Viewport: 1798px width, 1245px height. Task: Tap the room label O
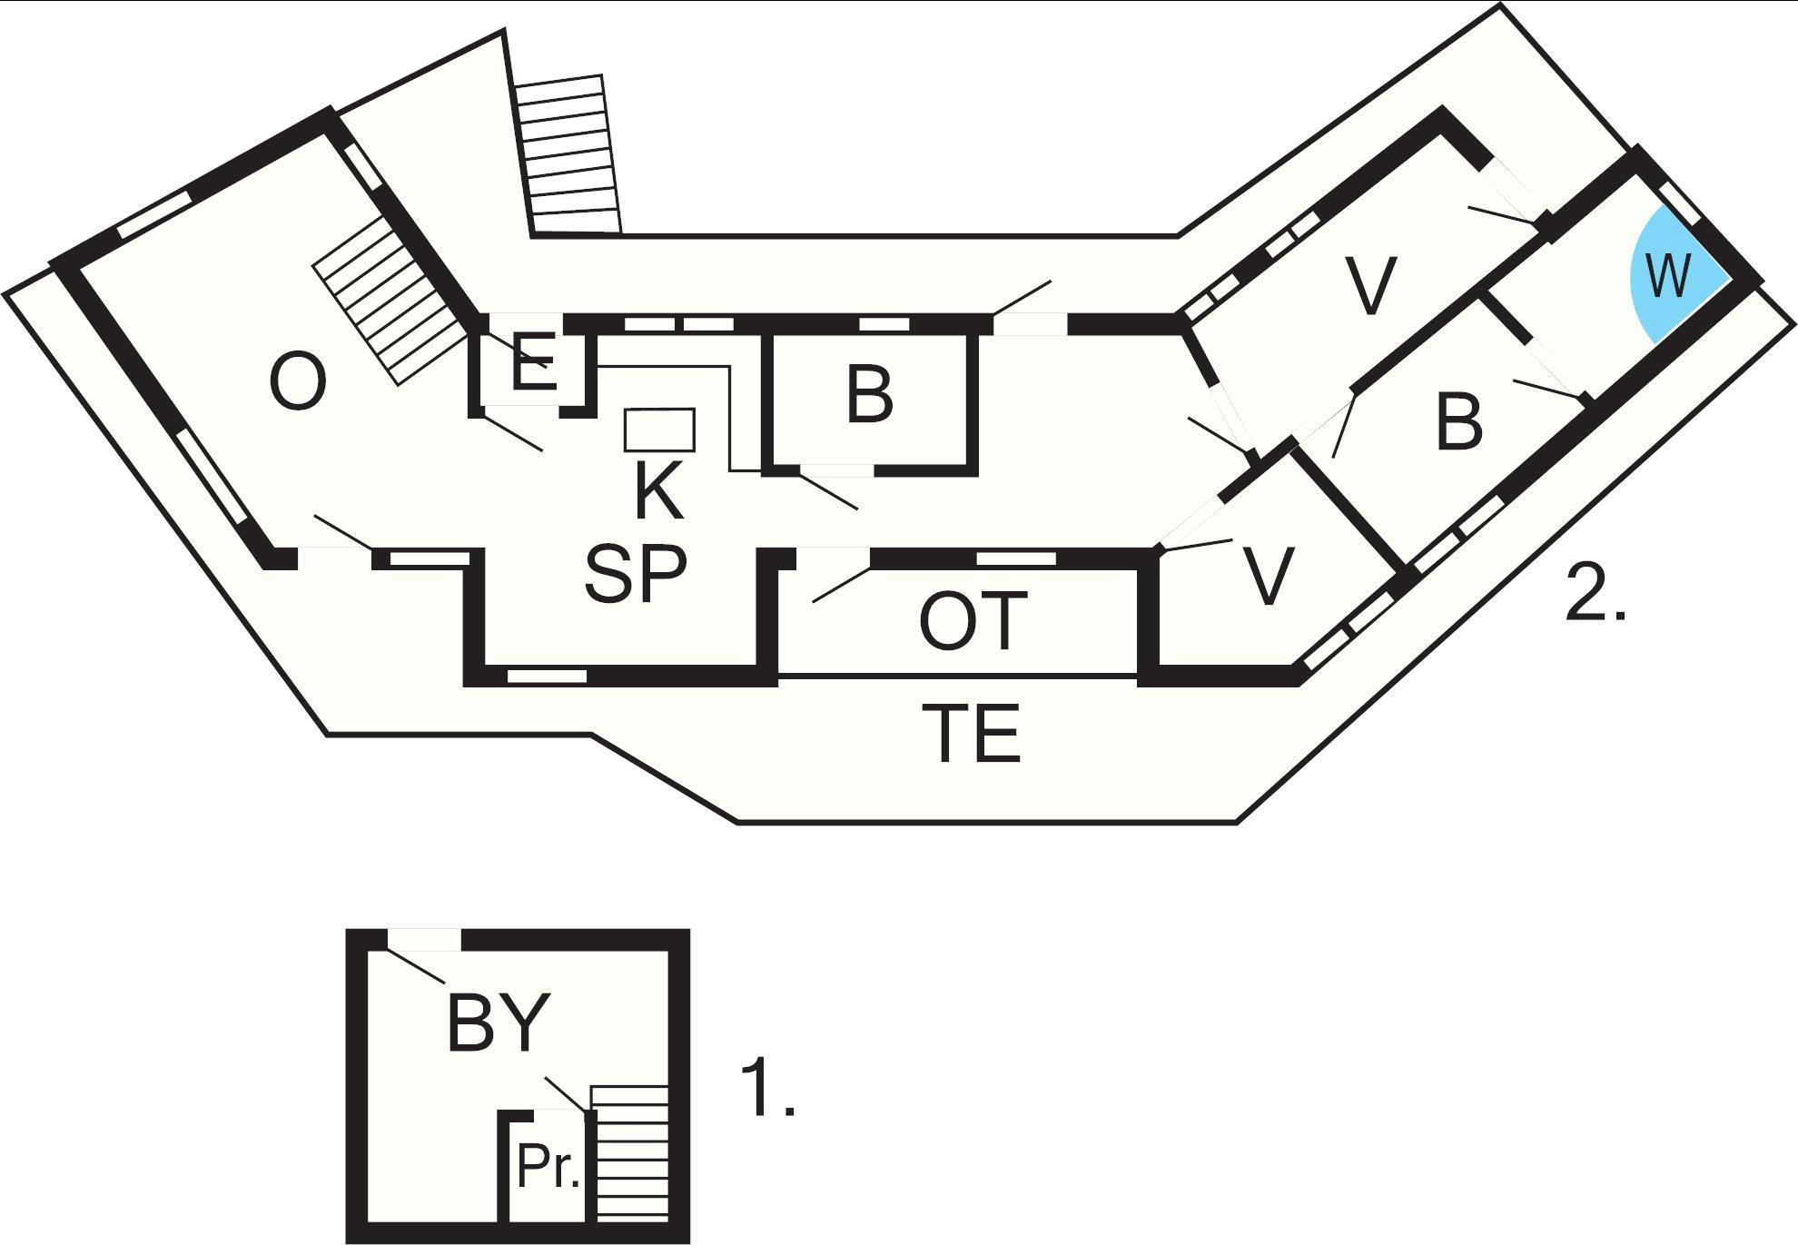[x=299, y=383]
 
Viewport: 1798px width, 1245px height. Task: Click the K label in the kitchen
[x=658, y=490]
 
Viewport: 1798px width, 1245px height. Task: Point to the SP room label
[x=636, y=575]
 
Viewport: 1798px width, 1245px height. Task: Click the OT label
[x=973, y=621]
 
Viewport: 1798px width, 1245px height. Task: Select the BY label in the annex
[x=499, y=1023]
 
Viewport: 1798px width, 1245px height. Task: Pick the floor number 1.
[x=768, y=1087]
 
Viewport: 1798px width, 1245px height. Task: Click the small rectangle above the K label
[x=659, y=430]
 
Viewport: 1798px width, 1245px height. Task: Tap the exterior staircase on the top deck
[x=568, y=154]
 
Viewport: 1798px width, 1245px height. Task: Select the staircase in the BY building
[x=629, y=1153]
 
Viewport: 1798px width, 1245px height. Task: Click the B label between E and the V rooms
[x=869, y=396]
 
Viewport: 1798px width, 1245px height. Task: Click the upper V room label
[x=1370, y=286]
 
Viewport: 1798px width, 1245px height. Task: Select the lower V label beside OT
[x=1267, y=576]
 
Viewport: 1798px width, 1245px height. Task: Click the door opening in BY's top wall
[x=423, y=940]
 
